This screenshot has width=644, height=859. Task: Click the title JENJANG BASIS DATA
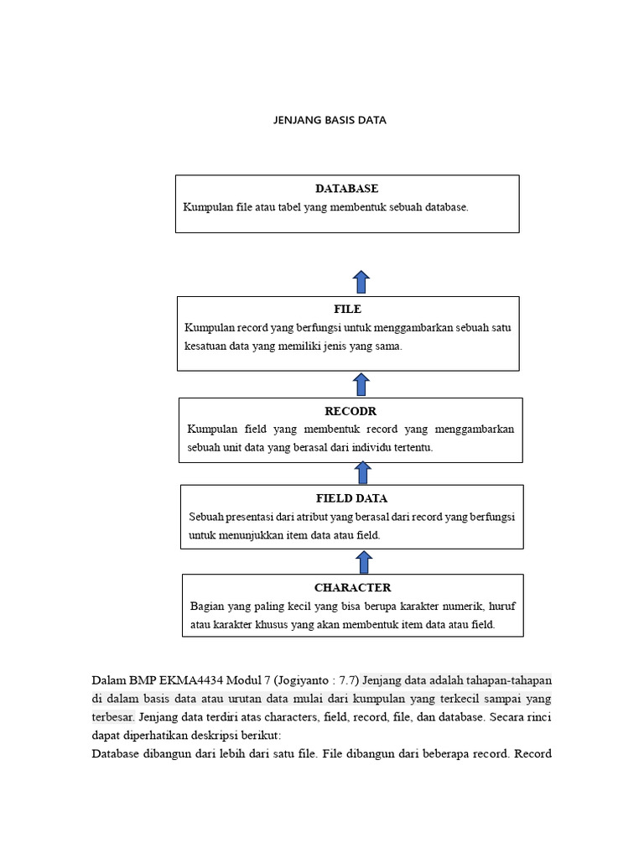(x=330, y=120)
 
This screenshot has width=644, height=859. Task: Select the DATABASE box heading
(x=346, y=189)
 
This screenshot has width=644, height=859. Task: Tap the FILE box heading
(x=347, y=309)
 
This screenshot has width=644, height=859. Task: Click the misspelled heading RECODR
(x=350, y=411)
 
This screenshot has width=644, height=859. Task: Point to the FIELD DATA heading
(x=351, y=498)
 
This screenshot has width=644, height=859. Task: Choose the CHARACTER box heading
(x=352, y=587)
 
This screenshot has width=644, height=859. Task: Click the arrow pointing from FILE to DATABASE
(x=361, y=282)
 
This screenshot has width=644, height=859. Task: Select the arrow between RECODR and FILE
(x=361, y=384)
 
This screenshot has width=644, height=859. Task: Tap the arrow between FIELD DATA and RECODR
(x=363, y=473)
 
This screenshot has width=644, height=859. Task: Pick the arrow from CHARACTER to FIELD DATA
(x=364, y=562)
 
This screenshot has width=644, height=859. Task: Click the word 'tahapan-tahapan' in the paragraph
(x=510, y=679)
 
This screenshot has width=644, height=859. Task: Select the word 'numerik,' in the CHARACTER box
(x=456, y=606)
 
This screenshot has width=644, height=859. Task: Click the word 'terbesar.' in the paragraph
(x=112, y=717)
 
